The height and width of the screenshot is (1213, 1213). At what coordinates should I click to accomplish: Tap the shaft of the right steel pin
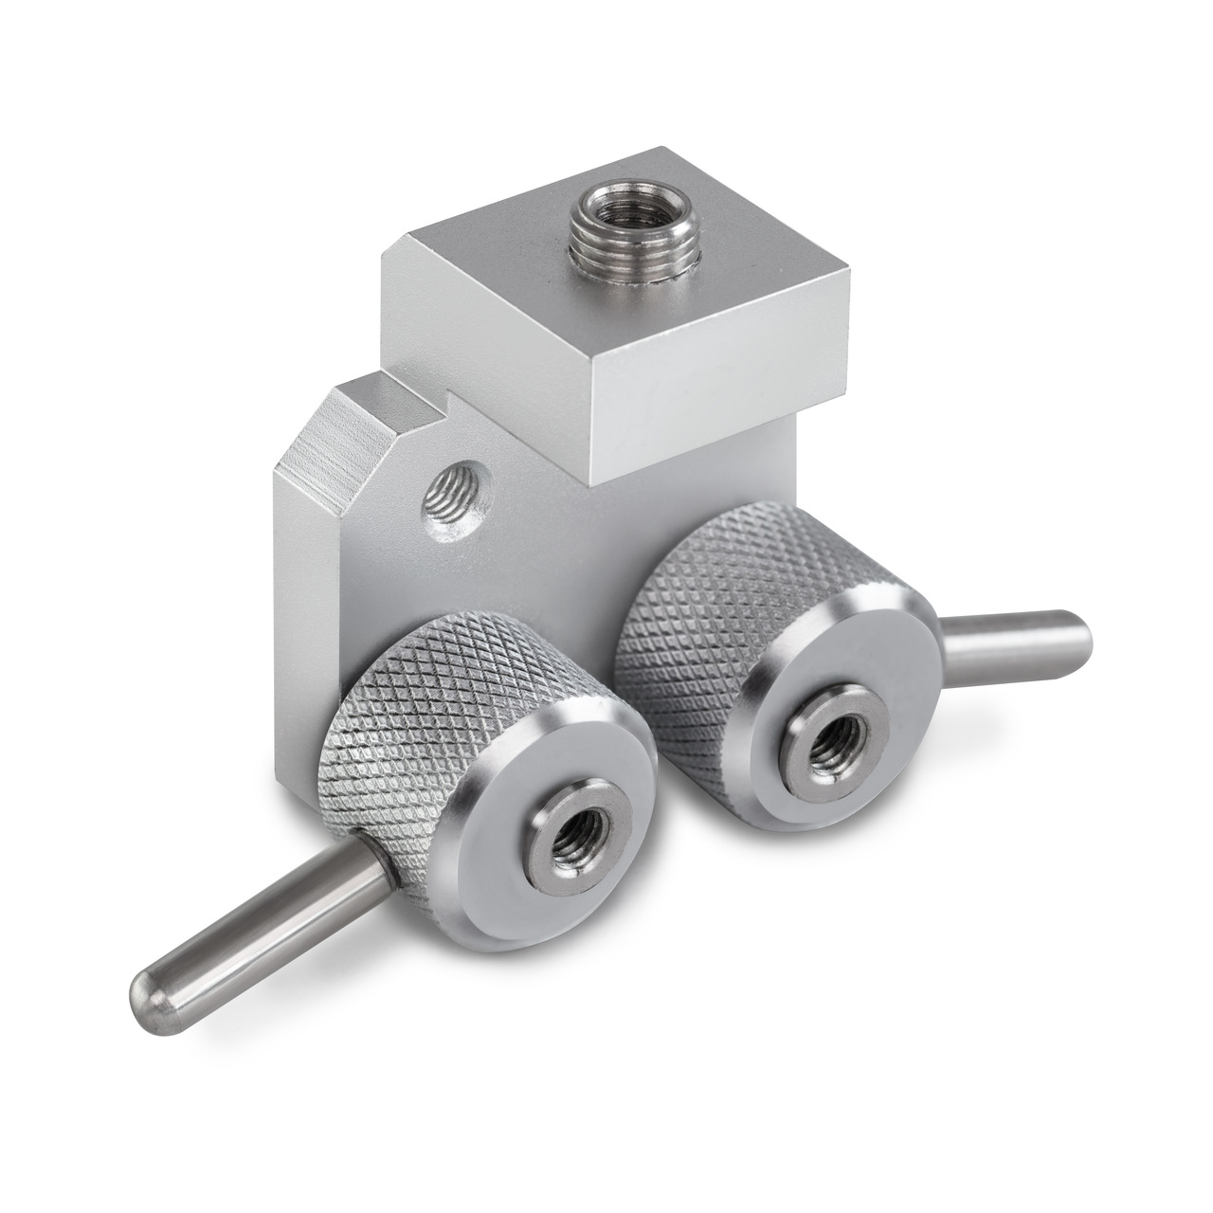click(1005, 637)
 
